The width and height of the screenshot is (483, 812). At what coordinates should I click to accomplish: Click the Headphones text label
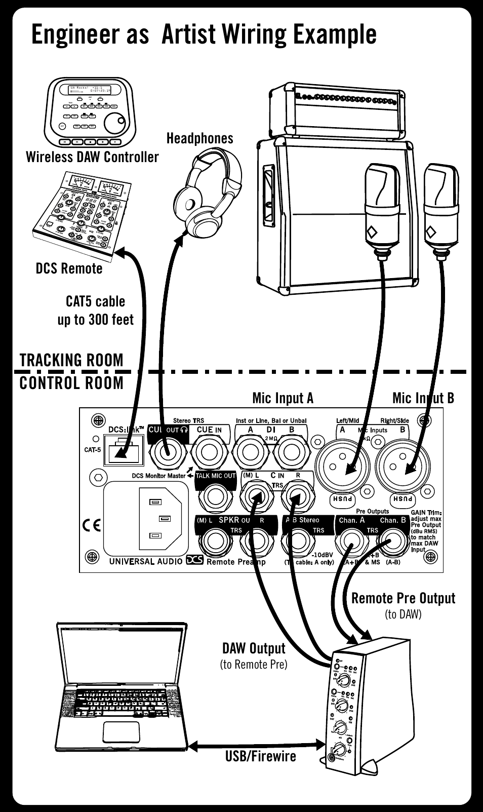coord(199,138)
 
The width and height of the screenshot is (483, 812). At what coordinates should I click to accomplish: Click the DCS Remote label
coord(69,268)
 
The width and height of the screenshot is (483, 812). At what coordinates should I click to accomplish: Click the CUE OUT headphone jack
coord(167,451)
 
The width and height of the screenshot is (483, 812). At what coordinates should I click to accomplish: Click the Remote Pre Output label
coord(403,598)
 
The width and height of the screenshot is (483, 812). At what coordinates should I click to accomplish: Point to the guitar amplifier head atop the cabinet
coord(350,111)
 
